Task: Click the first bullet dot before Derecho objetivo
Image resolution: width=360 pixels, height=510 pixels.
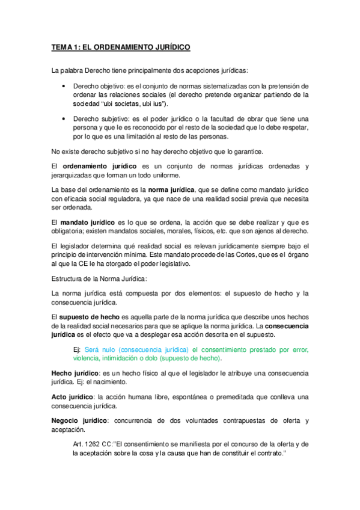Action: (x=64, y=85)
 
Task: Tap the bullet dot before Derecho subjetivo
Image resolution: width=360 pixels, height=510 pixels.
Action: (x=64, y=118)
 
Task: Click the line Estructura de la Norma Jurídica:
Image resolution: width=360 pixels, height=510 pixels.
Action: (x=99, y=278)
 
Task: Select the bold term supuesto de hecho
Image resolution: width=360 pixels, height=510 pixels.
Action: (x=90, y=316)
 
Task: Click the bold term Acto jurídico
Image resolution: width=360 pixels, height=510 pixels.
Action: (x=72, y=397)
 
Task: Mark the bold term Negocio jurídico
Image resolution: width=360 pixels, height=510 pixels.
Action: (x=79, y=420)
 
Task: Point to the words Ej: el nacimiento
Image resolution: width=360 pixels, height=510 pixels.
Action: (x=101, y=382)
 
